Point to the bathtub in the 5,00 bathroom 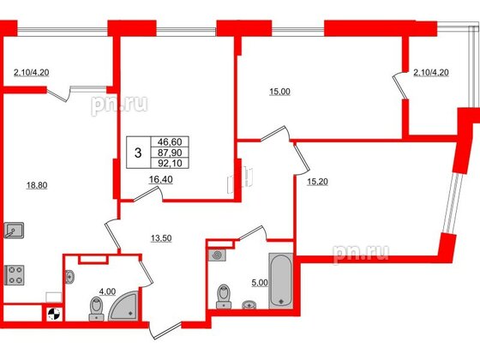[281, 279]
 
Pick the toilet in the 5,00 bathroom [225, 294]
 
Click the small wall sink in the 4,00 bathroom [70, 275]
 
